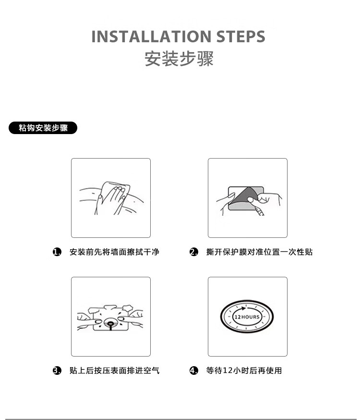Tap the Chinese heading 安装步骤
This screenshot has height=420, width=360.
179,59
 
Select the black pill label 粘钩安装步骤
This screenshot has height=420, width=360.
43,128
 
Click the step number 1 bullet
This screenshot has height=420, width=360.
57,252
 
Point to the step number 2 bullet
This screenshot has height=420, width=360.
194,252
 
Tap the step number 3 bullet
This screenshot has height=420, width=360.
57,371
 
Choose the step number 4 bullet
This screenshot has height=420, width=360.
194,371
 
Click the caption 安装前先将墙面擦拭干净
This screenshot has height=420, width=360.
114,252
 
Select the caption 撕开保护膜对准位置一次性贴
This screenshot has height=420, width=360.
259,252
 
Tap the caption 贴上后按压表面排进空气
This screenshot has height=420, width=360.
114,371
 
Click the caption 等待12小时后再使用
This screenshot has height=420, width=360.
244,371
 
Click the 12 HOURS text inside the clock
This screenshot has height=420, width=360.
247,317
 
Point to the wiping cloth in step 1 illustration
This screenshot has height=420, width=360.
115,192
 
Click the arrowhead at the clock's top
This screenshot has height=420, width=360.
243,309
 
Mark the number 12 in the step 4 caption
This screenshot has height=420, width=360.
228,371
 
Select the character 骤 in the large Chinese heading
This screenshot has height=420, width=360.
205,59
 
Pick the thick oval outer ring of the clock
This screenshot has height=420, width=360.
247,301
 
